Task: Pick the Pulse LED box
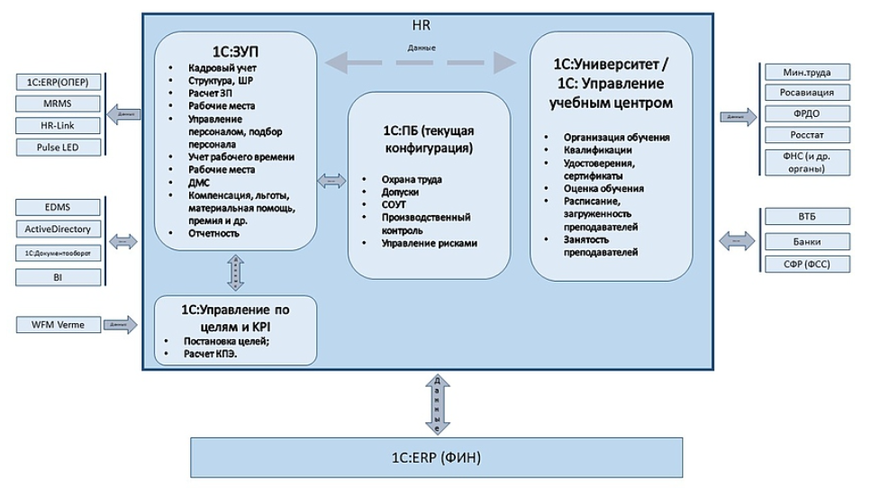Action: pos(57,148)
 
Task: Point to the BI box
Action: pos(57,277)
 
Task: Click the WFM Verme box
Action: pos(57,324)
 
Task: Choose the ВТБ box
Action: pos(806,217)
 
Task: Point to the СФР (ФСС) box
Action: pos(806,264)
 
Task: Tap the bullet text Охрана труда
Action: pos(412,180)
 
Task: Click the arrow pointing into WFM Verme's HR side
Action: pos(119,324)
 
